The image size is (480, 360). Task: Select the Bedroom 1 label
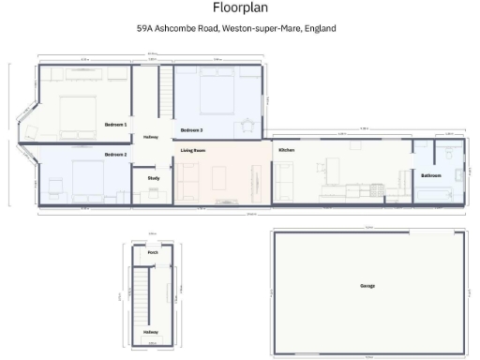pyautogui.click(x=115, y=124)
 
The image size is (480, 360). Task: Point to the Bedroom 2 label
pyautogui.click(x=115, y=154)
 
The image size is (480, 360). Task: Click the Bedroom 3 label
pyautogui.click(x=191, y=129)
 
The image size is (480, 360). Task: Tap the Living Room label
pyautogui.click(x=193, y=150)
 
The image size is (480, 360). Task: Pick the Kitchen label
pyautogui.click(x=286, y=150)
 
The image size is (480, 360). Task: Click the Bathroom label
pyautogui.click(x=431, y=175)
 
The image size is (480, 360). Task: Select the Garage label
pyautogui.click(x=367, y=285)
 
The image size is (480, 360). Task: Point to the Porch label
pyautogui.click(x=153, y=252)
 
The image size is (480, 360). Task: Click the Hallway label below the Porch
pyautogui.click(x=151, y=332)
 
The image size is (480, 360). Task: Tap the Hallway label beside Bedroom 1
pyautogui.click(x=150, y=137)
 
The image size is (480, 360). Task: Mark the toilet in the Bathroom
pyautogui.click(x=457, y=173)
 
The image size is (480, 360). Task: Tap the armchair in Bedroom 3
pyautogui.click(x=248, y=122)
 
